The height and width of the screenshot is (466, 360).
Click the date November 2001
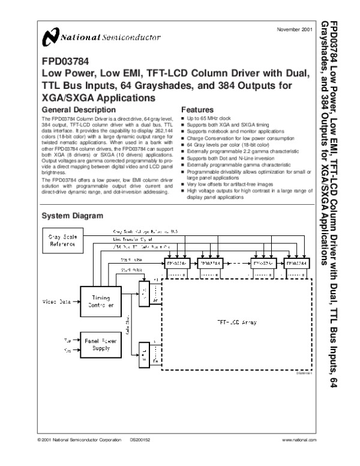pos(294,29)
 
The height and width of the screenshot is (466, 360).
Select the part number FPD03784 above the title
pos(64,61)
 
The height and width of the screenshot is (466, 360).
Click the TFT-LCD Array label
pos(236,322)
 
